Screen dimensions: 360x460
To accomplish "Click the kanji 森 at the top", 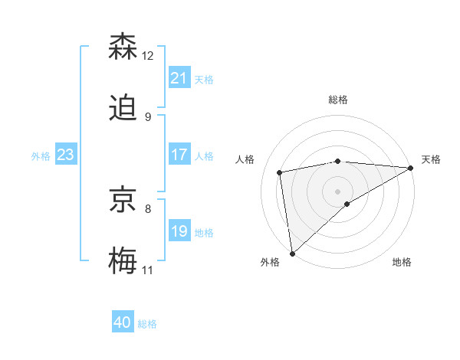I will pyautogui.click(x=124, y=47).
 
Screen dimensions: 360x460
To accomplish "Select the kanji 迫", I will pyautogui.click(x=124, y=108).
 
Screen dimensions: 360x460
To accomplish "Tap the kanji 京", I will pyautogui.click(x=124, y=200).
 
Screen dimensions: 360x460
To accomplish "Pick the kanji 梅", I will pyautogui.click(x=124, y=261).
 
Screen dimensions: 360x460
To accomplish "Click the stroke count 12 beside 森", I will pyautogui.click(x=148, y=56).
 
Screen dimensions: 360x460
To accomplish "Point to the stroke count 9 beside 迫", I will pyautogui.click(x=147, y=117).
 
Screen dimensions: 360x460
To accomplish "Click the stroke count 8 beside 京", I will pyautogui.click(x=147, y=208).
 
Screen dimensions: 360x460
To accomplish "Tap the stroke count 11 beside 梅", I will pyautogui.click(x=147, y=270).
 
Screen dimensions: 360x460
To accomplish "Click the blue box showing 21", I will pyautogui.click(x=179, y=78).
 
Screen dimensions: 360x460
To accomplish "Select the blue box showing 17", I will pyautogui.click(x=179, y=155).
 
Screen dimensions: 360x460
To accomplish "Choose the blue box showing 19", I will pyautogui.click(x=179, y=231).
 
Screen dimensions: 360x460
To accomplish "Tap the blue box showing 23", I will pyautogui.click(x=66, y=155).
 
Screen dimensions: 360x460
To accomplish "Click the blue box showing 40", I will pyautogui.click(x=123, y=323).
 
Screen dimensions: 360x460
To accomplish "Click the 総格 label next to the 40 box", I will pyautogui.click(x=147, y=324).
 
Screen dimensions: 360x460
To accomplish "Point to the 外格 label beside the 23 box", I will pyautogui.click(x=41, y=155).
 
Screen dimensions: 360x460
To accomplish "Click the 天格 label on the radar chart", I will pyautogui.click(x=431, y=159).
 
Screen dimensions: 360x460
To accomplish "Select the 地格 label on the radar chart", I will pyautogui.click(x=402, y=262).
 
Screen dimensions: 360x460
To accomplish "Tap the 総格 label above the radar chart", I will pyautogui.click(x=338, y=100).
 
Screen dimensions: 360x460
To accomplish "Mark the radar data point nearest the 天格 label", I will pyautogui.click(x=411, y=168).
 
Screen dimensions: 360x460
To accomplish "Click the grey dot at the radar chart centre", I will pyautogui.click(x=338, y=191).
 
